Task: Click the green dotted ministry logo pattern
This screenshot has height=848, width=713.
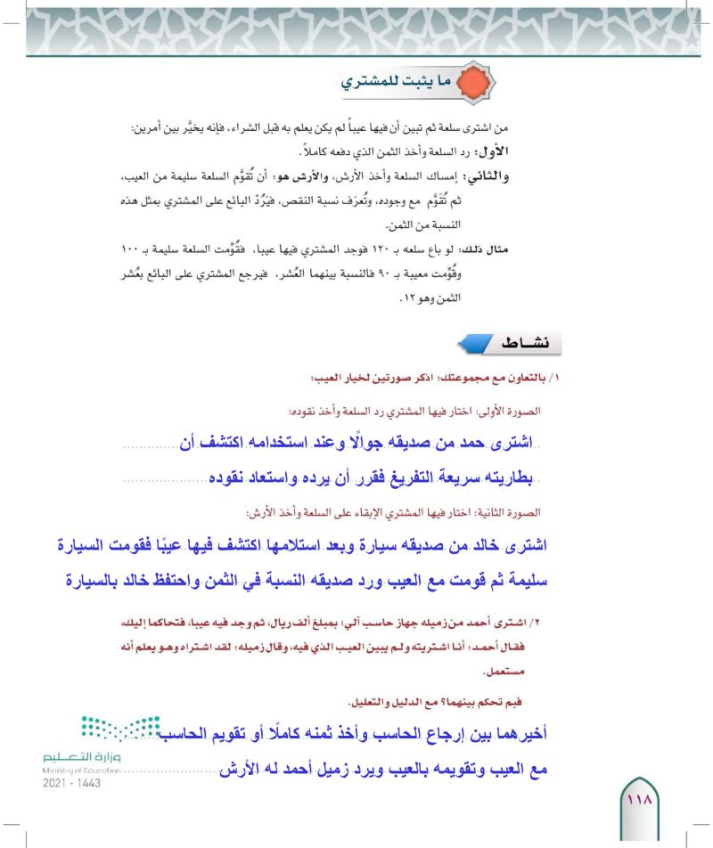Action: point(124,733)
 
